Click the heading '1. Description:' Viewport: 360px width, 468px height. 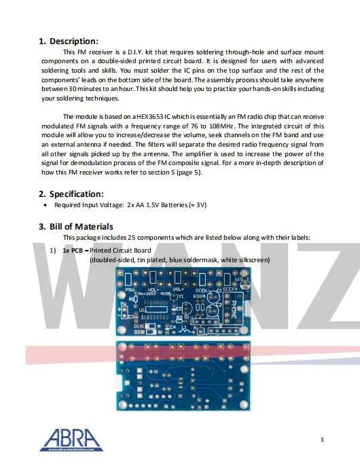69,41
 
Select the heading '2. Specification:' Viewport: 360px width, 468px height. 71,194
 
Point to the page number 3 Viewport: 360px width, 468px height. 321,439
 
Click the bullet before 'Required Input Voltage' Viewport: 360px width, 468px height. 45,204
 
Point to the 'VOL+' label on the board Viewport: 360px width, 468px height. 179,289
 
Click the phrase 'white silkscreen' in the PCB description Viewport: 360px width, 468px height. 245,260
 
